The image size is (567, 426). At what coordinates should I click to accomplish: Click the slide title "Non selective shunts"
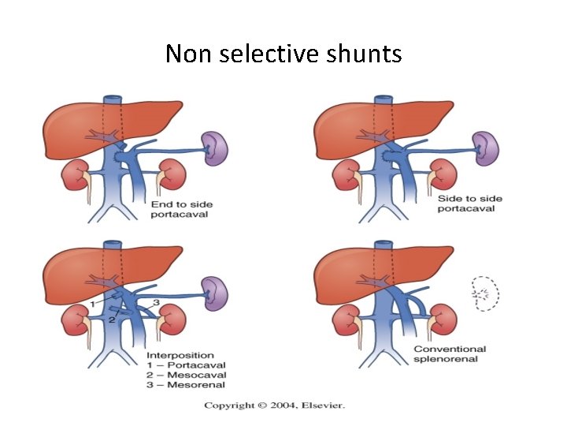(283, 54)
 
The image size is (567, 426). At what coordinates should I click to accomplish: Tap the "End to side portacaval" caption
(182, 210)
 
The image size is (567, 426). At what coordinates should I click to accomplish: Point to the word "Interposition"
(181, 355)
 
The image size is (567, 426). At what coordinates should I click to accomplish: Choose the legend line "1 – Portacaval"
(187, 365)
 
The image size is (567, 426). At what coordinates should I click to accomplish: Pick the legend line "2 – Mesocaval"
(186, 375)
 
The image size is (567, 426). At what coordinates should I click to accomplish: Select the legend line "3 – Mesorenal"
(187, 384)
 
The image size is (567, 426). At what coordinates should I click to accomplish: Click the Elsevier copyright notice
(275, 405)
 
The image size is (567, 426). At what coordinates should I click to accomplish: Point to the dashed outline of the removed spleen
(486, 295)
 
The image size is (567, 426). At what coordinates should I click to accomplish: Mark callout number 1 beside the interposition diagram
(92, 304)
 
